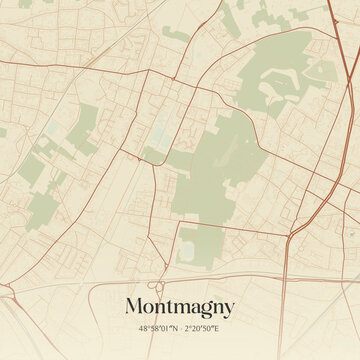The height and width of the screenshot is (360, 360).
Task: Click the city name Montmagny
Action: point(180,306)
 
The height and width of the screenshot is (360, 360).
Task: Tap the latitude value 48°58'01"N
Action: point(159,328)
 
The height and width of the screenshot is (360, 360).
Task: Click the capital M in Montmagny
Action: point(134,305)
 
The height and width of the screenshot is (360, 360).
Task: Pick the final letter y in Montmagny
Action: point(229,308)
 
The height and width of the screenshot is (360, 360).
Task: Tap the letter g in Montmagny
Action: point(204,308)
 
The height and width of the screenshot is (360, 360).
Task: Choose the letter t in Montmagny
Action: point(172,306)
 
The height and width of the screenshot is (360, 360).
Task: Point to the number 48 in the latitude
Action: point(144,328)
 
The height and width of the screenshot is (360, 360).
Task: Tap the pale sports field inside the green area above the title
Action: point(189,245)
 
